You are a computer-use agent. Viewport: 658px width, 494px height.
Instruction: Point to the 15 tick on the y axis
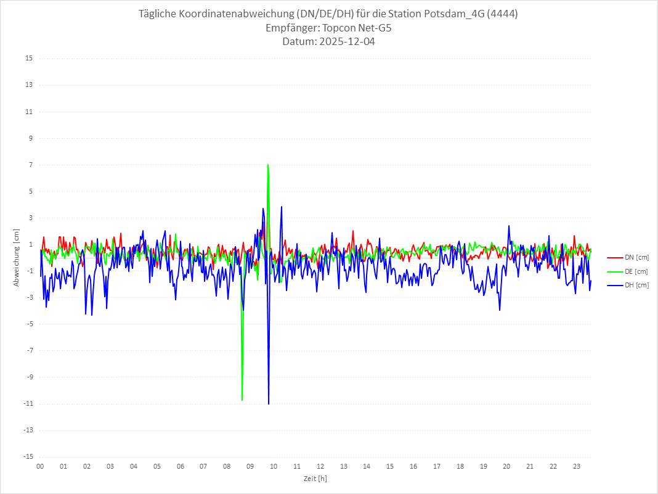[29, 59]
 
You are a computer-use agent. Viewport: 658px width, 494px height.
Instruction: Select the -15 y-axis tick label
[28, 457]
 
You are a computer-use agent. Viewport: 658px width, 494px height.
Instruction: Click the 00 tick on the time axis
[40, 466]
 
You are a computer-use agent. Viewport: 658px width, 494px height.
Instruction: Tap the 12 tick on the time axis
[320, 466]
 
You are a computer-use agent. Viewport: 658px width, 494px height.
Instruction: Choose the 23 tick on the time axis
[577, 466]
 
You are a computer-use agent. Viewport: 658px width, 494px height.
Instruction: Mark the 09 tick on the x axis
[250, 466]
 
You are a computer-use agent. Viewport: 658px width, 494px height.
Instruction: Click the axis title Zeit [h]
[315, 479]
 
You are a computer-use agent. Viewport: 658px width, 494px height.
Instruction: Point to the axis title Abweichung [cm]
[17, 257]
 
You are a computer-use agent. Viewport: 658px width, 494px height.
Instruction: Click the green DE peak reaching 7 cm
[267, 165]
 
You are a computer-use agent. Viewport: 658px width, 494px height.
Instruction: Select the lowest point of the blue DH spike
[269, 404]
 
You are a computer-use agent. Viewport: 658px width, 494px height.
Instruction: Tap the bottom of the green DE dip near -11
[242, 400]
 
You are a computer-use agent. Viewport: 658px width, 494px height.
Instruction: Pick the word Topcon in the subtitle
[339, 28]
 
